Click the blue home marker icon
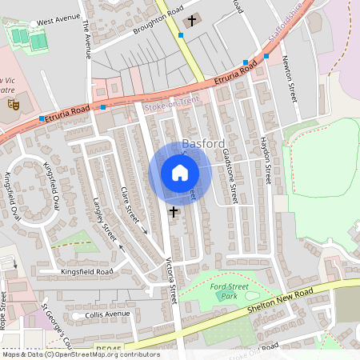tap(180, 173)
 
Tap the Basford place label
tap(202, 144)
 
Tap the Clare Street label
tap(129, 205)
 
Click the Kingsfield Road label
tap(87, 272)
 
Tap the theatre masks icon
tap(12, 103)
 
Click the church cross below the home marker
tap(173, 212)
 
